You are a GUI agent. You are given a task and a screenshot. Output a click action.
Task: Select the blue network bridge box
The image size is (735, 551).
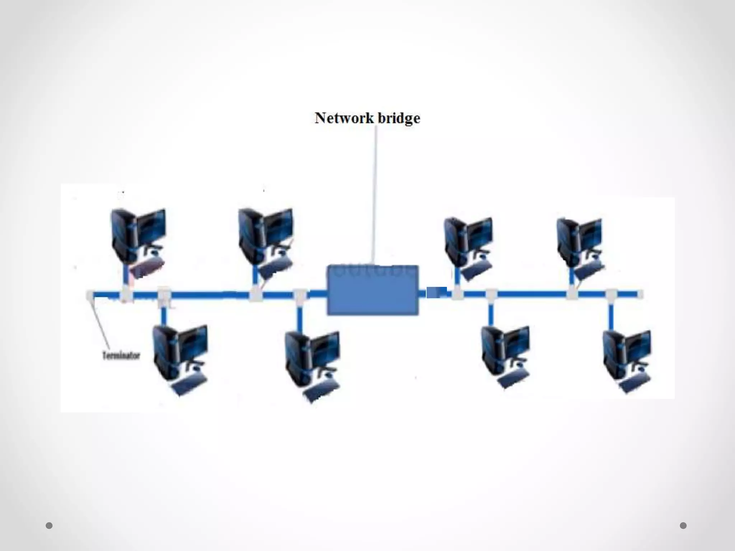coord(373,290)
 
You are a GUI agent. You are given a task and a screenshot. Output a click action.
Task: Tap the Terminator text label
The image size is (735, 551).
coord(121,355)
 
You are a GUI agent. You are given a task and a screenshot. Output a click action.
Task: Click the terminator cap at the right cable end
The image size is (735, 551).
coord(640,295)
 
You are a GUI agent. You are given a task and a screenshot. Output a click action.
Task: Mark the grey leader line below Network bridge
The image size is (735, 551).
coord(375,194)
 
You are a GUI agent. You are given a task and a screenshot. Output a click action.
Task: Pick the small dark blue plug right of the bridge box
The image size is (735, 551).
coord(436,292)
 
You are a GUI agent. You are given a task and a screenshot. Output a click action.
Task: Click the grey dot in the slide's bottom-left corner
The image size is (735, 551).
coord(49,526)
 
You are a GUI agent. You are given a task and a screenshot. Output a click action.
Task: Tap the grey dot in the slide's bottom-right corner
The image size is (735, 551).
coord(683,526)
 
